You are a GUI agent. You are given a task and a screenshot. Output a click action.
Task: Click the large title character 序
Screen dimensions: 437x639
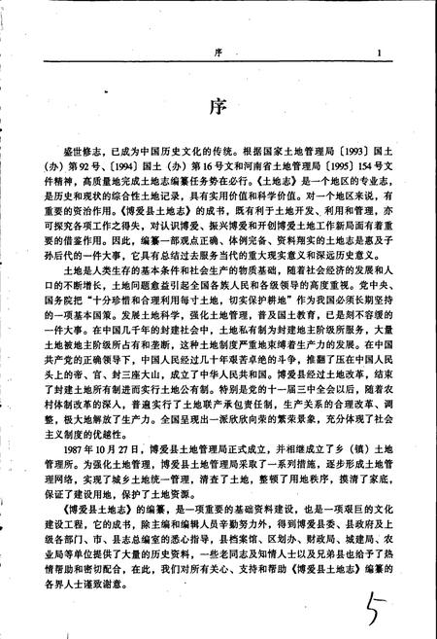218,106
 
